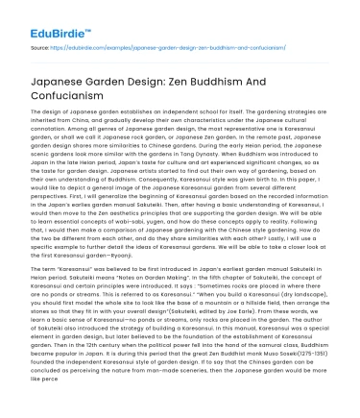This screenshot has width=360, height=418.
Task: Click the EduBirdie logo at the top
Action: (x=42, y=16)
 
